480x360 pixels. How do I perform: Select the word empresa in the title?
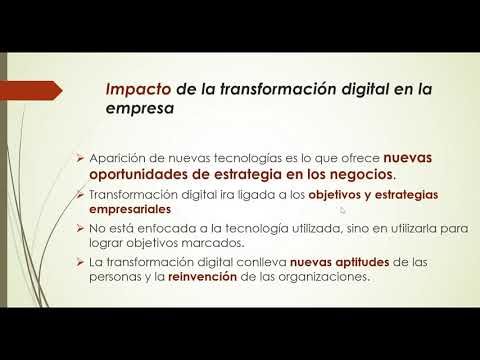point(138,113)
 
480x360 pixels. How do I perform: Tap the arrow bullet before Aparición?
point(82,158)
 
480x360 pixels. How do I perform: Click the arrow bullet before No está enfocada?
point(82,229)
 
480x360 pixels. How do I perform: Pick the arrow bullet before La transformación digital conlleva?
point(82,262)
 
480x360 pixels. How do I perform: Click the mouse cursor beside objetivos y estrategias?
point(342,210)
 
